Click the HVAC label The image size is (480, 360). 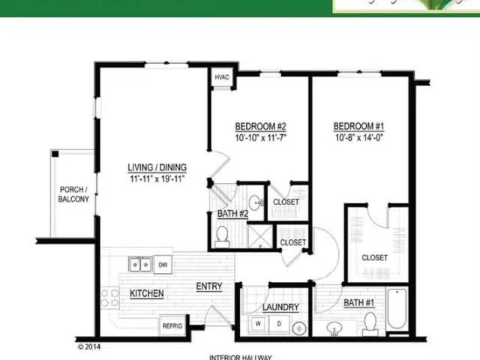222,78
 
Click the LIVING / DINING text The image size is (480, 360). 157,167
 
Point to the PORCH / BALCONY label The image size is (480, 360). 73,194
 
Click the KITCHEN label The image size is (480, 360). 146,293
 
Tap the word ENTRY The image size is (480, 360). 208,286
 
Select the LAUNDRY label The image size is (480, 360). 281,307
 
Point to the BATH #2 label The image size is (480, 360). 232,214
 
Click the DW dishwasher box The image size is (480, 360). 163,264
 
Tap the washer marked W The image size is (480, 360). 257,324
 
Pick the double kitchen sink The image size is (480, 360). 139,264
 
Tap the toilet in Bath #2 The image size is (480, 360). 223,237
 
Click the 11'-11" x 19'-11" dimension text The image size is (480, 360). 157,178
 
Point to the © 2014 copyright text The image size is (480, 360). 89,347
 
